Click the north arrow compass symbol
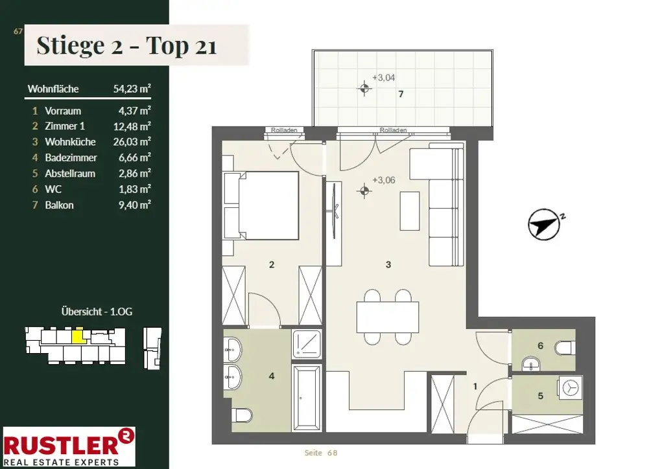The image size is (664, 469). coord(544,225)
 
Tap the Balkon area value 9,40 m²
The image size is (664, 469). coord(135,205)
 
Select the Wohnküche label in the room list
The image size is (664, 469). coord(70,142)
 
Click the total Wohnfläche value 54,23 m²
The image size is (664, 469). coord(132,89)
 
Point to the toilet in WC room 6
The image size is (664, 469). coord(565,349)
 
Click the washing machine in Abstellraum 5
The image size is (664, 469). coord(571,387)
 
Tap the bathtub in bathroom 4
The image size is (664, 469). coord(307,398)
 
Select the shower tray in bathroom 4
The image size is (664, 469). coord(307,344)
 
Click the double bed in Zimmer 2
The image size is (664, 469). coord(261,205)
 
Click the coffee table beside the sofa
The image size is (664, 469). coord(410,211)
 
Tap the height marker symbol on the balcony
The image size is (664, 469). coord(364,88)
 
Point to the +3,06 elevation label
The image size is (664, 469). coord(384,180)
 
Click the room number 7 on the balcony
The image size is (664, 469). coord(401,95)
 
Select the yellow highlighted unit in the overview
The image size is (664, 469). coord(78,337)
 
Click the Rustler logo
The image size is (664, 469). coord(69,446)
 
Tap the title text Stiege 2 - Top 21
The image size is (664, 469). coord(126,45)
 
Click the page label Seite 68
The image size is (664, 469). coord(321,453)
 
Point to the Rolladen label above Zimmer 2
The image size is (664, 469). coord(284,130)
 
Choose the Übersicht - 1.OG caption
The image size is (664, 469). coord(97,312)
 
